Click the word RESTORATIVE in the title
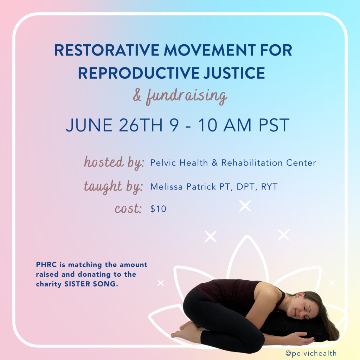107,50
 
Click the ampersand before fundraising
137,95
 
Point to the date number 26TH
141,125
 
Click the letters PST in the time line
274,125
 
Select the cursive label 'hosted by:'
114,162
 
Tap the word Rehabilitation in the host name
252,163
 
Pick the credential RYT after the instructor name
269,187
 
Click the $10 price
158,209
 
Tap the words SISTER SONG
91,284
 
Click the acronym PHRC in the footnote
46,265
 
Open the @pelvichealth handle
311,353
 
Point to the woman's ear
298,295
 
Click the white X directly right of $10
245,206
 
